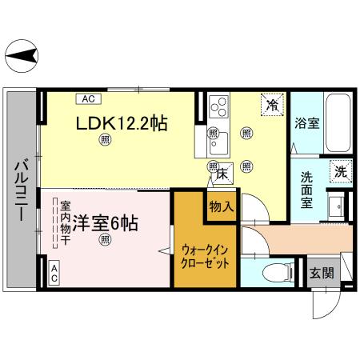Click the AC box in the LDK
point(88,99)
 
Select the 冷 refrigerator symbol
point(273,104)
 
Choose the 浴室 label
point(306,124)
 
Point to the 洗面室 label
point(307,190)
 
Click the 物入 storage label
point(222,206)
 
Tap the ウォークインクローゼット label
point(206,255)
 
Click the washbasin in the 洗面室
point(337,207)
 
